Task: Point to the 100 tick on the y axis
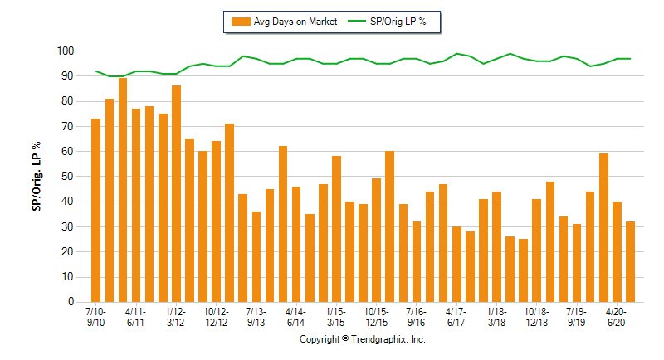(66, 51)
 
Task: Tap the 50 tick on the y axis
(68, 177)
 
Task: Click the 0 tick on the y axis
(71, 302)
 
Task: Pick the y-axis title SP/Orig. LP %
(37, 177)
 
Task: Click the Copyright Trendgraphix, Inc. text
(362, 340)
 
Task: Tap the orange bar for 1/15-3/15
(336, 229)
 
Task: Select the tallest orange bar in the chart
(123, 190)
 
